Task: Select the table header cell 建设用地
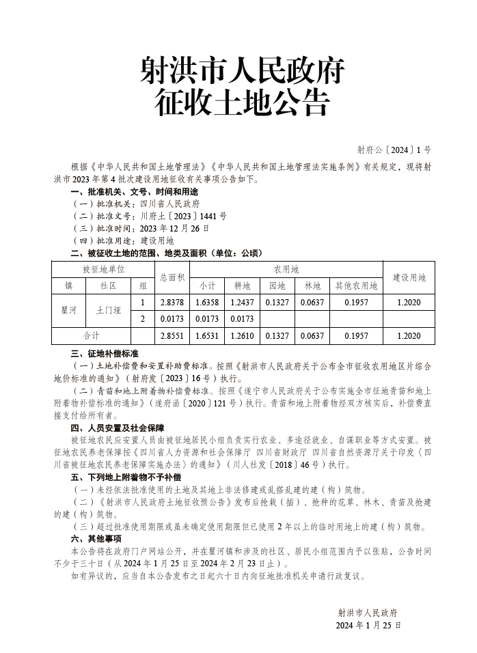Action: click(409, 277)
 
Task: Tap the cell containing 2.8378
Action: click(172, 302)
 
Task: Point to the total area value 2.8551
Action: click(172, 335)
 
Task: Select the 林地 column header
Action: click(312, 286)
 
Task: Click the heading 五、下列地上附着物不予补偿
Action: click(126, 477)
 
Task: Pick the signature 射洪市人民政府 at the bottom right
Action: click(368, 612)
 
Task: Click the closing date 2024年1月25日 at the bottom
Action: click(368, 625)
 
